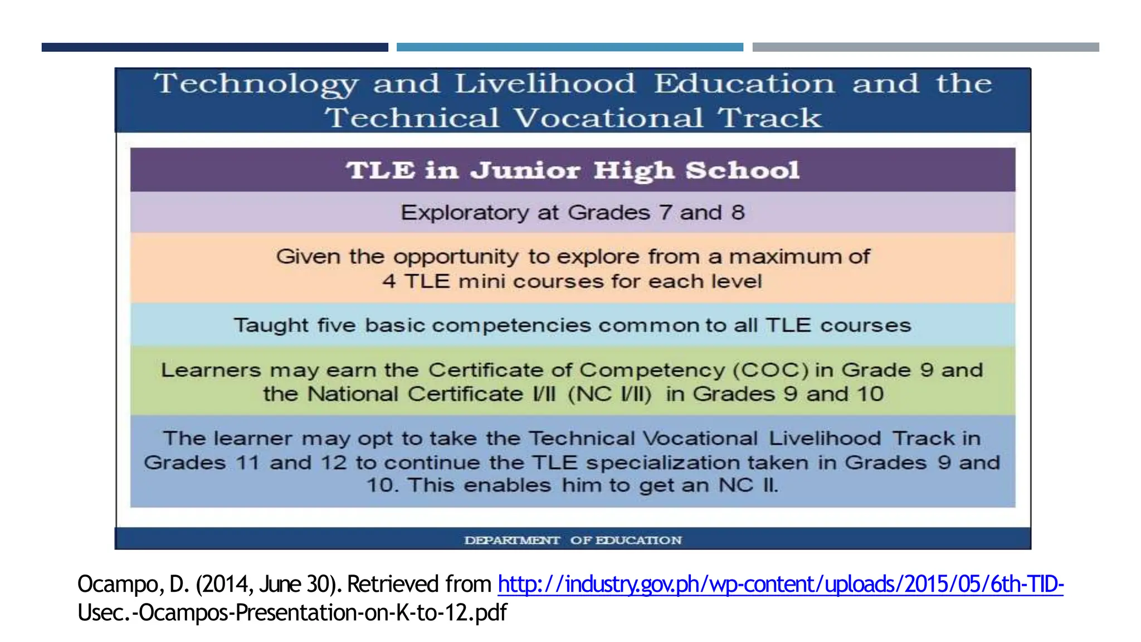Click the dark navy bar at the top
point(214,47)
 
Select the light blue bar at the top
point(569,47)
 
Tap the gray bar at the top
point(925,47)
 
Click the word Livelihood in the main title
point(544,84)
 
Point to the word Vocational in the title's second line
point(608,118)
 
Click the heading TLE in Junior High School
point(572,170)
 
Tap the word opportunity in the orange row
point(456,257)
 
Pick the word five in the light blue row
point(336,325)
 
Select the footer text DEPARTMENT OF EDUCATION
point(572,540)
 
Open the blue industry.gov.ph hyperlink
point(780,584)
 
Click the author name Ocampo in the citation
point(119,584)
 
